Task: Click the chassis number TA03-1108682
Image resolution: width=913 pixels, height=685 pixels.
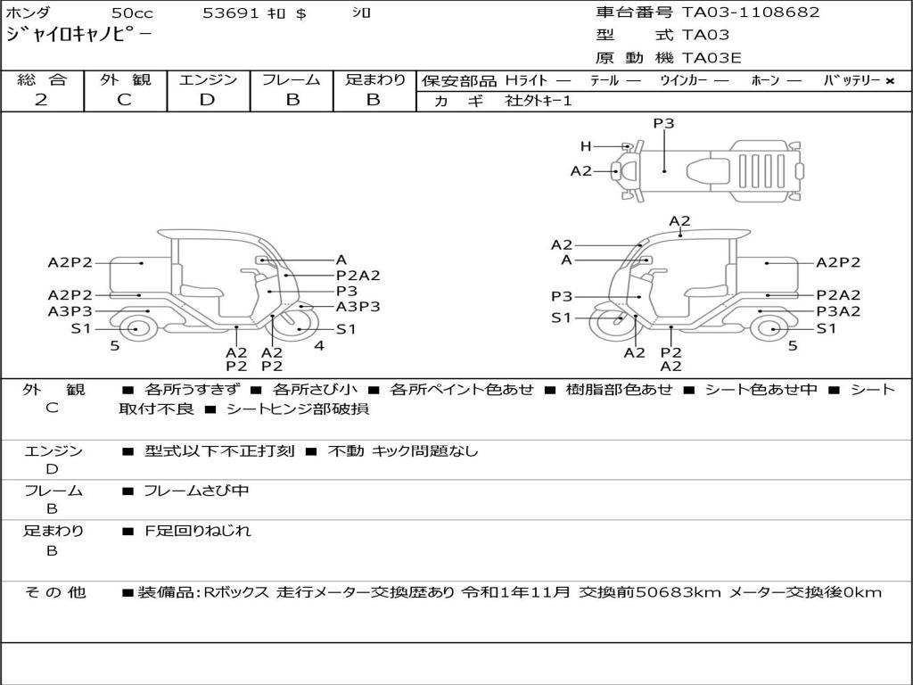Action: (x=751, y=12)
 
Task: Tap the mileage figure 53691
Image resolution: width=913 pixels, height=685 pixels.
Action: (x=230, y=12)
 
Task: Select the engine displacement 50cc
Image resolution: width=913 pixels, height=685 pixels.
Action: (x=132, y=12)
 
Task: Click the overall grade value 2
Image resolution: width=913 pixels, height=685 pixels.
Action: (x=41, y=100)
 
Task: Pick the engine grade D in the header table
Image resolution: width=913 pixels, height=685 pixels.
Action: (x=207, y=100)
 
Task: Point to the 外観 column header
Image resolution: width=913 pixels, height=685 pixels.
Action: (x=125, y=79)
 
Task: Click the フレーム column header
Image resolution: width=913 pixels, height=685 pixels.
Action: (x=292, y=79)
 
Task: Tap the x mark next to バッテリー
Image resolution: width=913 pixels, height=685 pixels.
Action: (x=890, y=81)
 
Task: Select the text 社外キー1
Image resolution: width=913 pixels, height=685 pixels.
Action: (x=539, y=101)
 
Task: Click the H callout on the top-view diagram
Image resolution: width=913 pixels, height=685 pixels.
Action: (x=586, y=146)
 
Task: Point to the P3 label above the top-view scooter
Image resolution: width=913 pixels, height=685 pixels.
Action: (x=663, y=123)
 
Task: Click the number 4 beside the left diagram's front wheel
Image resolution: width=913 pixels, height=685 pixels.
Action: (x=319, y=345)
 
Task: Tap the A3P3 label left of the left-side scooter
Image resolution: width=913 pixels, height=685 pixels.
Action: (x=70, y=311)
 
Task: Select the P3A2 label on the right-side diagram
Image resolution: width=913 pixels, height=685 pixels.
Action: (x=838, y=311)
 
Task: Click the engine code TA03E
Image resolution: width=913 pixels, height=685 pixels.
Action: (x=711, y=58)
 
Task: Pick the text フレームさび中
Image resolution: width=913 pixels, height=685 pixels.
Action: (x=196, y=491)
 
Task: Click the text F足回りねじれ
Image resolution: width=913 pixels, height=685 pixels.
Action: (x=197, y=531)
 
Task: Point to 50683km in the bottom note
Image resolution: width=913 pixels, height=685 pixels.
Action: (x=679, y=592)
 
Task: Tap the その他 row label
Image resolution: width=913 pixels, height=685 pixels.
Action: (x=55, y=592)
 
